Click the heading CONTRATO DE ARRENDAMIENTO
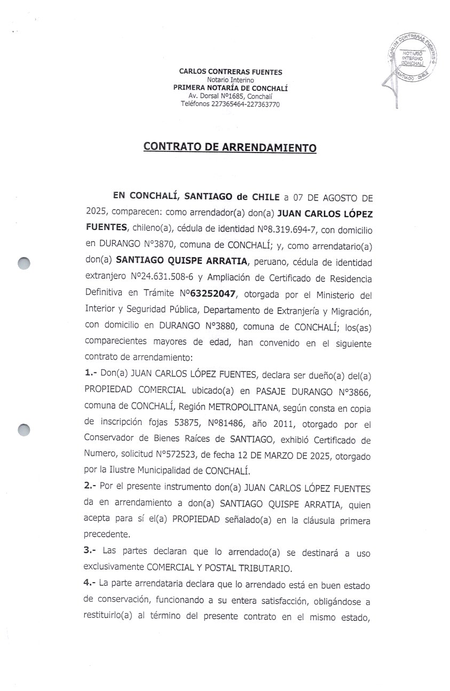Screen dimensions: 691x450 (x=230, y=147)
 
